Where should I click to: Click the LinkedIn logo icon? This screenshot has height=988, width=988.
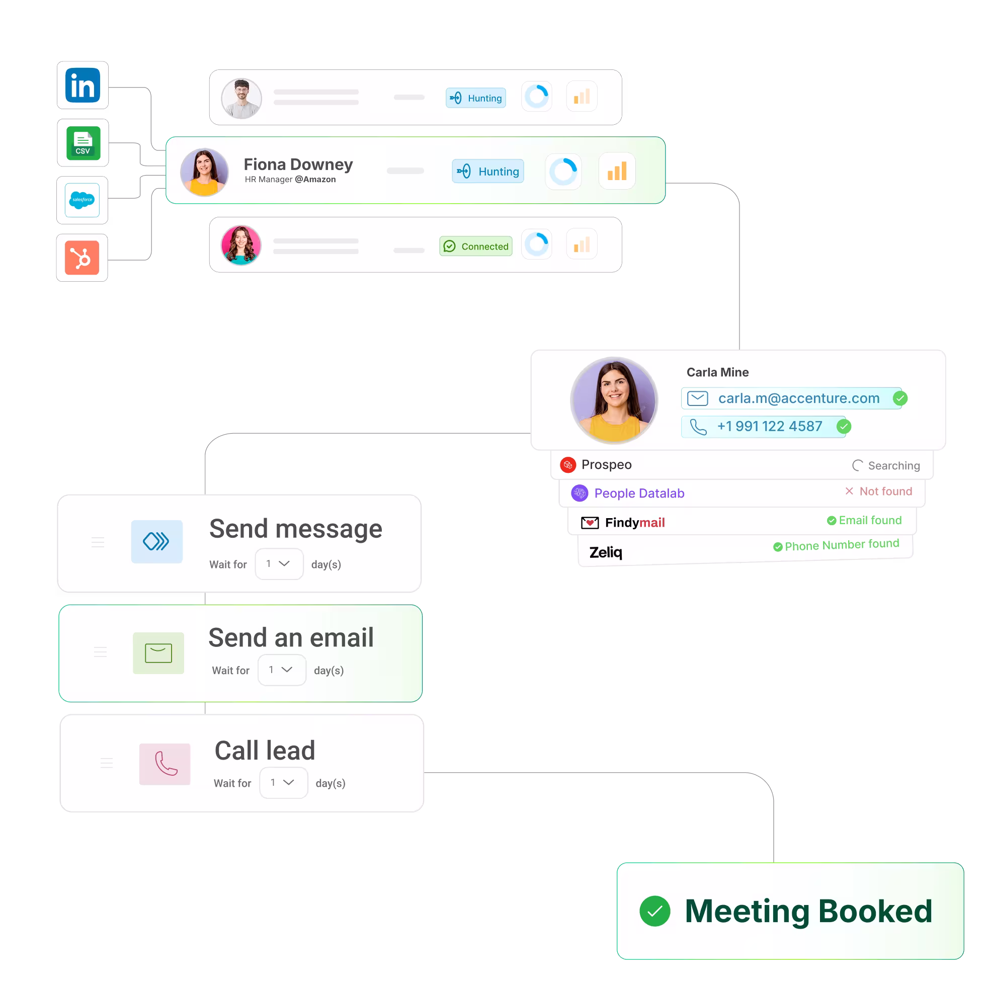pos(83,86)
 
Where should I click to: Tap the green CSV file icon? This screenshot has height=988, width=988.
pos(83,143)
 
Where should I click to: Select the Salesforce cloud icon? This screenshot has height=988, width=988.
pos(83,200)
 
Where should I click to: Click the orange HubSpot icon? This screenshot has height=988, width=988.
pos(82,258)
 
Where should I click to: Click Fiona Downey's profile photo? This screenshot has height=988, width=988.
pos(204,172)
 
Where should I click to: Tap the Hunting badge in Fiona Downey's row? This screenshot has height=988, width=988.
pos(487,172)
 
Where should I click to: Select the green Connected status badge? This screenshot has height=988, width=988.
pos(475,246)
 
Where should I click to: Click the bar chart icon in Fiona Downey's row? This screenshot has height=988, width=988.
pos(617,172)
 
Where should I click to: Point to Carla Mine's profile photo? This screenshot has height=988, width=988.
pos(614,400)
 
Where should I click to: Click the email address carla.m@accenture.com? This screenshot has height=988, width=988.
pos(798,398)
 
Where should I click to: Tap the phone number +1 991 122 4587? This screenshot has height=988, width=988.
pos(769,427)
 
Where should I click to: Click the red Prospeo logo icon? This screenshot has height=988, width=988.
pos(567,465)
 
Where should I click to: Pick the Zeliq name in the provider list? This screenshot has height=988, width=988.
pos(606,552)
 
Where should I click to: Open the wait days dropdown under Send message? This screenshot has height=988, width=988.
pos(279,563)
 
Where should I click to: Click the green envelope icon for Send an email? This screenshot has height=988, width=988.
pos(158,653)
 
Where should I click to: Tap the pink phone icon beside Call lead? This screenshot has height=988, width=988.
pos(164,764)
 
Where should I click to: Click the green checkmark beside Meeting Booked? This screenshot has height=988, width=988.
pos(654,911)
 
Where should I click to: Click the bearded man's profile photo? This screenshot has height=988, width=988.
pos(241,98)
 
